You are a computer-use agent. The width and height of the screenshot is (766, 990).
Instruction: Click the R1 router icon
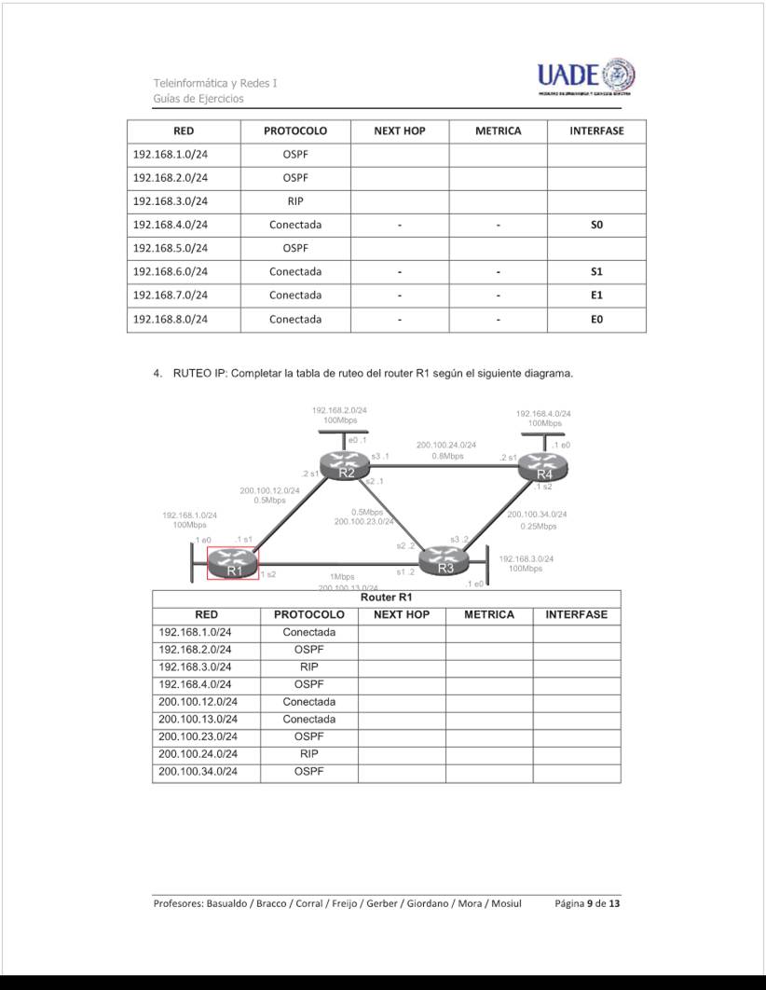pos(232,563)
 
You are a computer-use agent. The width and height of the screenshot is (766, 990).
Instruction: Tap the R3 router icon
pos(445,562)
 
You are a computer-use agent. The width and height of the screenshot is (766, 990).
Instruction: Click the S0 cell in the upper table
pos(596,225)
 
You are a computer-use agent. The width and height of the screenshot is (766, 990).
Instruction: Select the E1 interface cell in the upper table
pos(596,296)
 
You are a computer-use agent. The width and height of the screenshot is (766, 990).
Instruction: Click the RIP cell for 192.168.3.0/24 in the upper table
pos(294,201)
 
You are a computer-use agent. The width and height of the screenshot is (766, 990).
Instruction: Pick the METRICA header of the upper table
pos(498,131)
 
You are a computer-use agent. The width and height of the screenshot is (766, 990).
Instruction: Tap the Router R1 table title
pos(386,597)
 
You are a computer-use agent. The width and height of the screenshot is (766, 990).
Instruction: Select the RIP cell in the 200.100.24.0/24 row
pos(308,754)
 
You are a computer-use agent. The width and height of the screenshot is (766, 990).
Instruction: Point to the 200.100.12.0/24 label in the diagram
pos(269,489)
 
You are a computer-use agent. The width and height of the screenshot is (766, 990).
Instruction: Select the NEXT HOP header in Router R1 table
pos(401,615)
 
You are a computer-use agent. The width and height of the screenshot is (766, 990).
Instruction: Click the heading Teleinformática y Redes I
pos(215,83)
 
